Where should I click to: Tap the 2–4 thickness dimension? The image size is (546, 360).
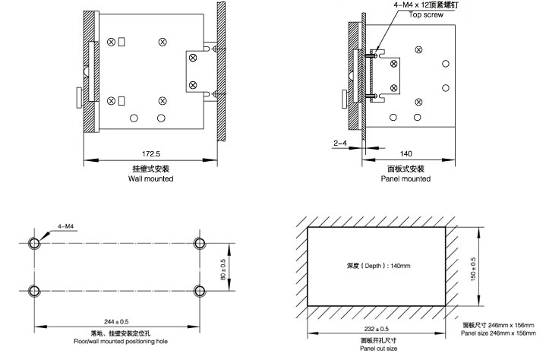pyautogui.click(x=340, y=142)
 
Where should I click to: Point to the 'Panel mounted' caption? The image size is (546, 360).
pyautogui.click(x=406, y=179)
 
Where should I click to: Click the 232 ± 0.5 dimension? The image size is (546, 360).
pyautogui.click(x=375, y=327)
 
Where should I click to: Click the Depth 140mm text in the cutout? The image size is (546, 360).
pyautogui.click(x=377, y=266)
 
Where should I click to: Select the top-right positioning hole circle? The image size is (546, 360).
pyautogui.click(x=200, y=243)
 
